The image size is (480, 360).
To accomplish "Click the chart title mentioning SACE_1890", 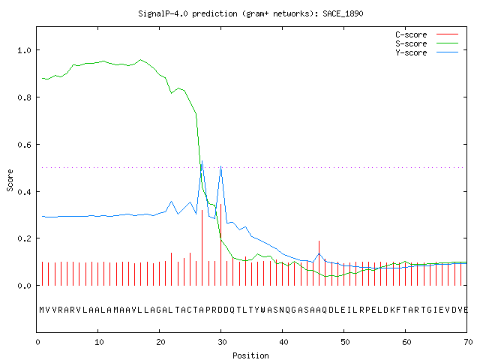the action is [250, 13].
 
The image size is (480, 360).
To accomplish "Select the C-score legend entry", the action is [427, 34].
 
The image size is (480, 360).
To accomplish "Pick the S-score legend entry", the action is [427, 43].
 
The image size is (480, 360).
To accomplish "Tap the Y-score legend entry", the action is [427, 52].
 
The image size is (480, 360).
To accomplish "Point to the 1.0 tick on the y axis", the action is [24, 50].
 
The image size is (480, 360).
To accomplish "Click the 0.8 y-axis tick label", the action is [24, 97].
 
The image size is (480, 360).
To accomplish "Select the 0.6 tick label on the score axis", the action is [24, 145].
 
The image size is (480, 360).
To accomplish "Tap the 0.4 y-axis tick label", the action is [24, 192].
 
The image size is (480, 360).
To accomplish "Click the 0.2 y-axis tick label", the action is [24, 238].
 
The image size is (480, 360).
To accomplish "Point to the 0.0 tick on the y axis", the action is [24, 286].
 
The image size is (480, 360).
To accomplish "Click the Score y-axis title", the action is [10, 180].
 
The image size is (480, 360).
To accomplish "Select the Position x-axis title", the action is [250, 355].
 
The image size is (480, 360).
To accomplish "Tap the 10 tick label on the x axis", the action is [99, 342].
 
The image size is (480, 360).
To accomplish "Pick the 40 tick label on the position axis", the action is [283, 342].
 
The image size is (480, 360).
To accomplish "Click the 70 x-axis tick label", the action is [468, 342].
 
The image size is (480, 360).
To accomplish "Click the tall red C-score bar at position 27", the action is [202, 247].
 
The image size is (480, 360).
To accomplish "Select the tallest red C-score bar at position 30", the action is [220, 244].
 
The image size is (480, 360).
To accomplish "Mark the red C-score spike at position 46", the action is [319, 263].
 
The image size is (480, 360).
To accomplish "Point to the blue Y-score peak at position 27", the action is [202, 160].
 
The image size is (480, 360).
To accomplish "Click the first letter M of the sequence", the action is [42, 310].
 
